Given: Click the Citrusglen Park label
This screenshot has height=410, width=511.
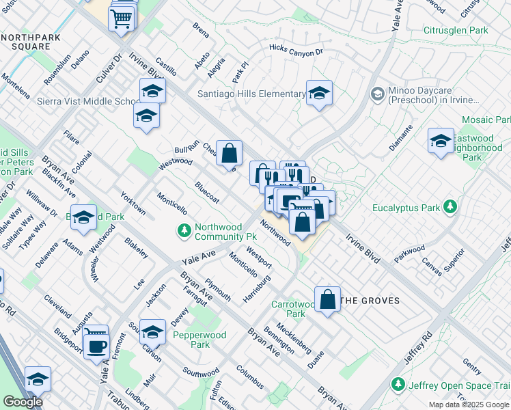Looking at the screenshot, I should click(x=456, y=31).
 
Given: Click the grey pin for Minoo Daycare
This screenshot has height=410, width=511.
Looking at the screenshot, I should click(x=376, y=93).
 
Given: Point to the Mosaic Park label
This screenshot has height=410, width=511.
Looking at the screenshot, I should click(x=486, y=120).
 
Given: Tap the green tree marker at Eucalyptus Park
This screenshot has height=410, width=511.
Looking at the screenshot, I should click(x=450, y=206).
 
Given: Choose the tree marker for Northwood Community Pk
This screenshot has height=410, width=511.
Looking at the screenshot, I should click(x=183, y=232).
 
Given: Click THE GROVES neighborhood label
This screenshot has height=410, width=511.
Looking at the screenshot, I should click(x=370, y=301).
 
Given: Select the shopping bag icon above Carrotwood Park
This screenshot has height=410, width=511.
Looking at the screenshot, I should click(x=328, y=299).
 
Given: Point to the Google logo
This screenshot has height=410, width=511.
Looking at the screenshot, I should click(x=23, y=402).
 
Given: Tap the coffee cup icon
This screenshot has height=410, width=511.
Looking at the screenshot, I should click(x=96, y=346).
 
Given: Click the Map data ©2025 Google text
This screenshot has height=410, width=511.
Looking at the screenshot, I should click(x=468, y=405).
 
